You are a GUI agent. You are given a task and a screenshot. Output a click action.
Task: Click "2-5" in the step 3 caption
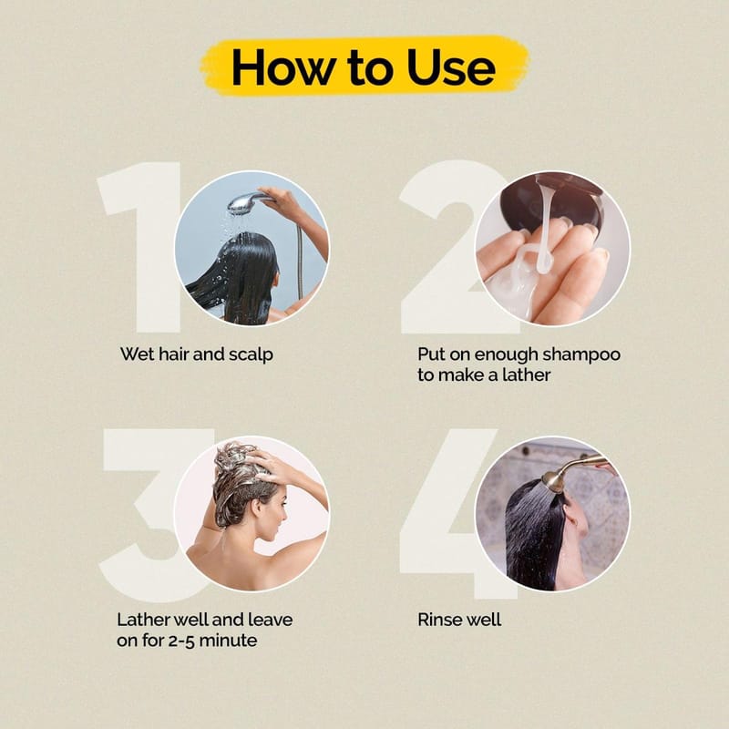click(180, 641)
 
